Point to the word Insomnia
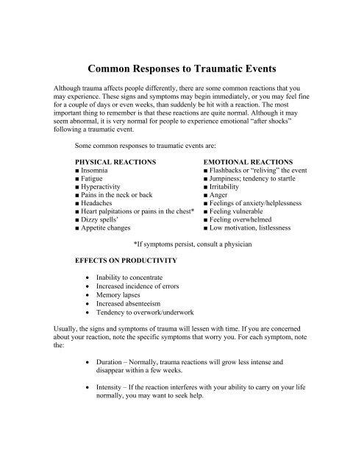click(100, 171)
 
